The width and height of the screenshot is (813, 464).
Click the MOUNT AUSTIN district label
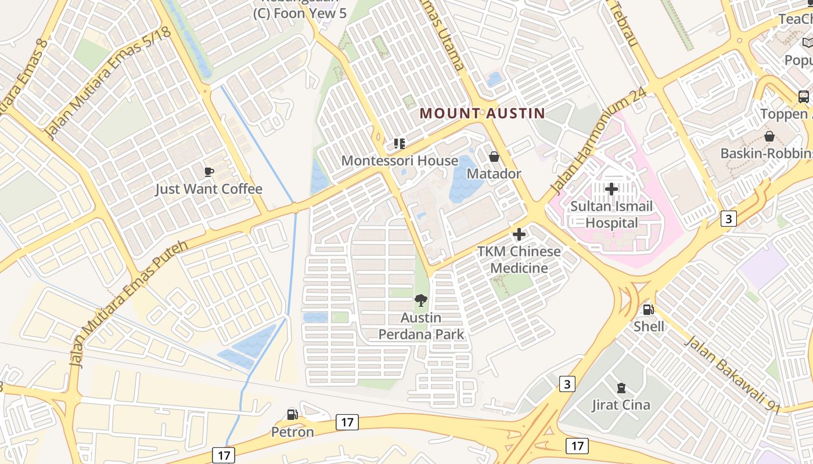pyautogui.click(x=483, y=113)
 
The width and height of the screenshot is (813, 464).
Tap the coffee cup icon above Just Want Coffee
pyautogui.click(x=209, y=172)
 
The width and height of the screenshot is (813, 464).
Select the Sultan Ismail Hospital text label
pyautogui.click(x=611, y=215)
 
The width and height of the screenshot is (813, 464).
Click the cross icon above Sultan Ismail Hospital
pyautogui.click(x=611, y=188)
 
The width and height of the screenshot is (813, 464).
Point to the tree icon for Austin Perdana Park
pyautogui.click(x=421, y=300)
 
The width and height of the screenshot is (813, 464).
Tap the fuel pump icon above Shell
pyautogui.click(x=649, y=310)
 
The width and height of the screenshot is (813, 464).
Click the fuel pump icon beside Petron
pyautogui.click(x=293, y=414)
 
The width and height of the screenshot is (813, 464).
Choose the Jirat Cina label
pyautogui.click(x=621, y=405)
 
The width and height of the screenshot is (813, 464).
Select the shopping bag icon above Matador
pyautogui.click(x=494, y=157)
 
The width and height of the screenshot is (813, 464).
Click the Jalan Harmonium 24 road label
pyautogui.click(x=598, y=144)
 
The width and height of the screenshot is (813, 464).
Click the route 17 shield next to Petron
pyautogui.click(x=347, y=422)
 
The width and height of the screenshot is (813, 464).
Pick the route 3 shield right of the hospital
pyautogui.click(x=729, y=218)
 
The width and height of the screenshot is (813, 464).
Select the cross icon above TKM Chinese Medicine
pyautogui.click(x=519, y=234)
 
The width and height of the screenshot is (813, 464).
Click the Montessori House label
pyautogui.click(x=400, y=161)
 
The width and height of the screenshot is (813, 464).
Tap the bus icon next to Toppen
pyautogui.click(x=804, y=96)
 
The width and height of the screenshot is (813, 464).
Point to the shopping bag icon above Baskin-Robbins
pyautogui.click(x=769, y=136)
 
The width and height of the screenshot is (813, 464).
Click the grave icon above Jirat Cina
pyautogui.click(x=621, y=387)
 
